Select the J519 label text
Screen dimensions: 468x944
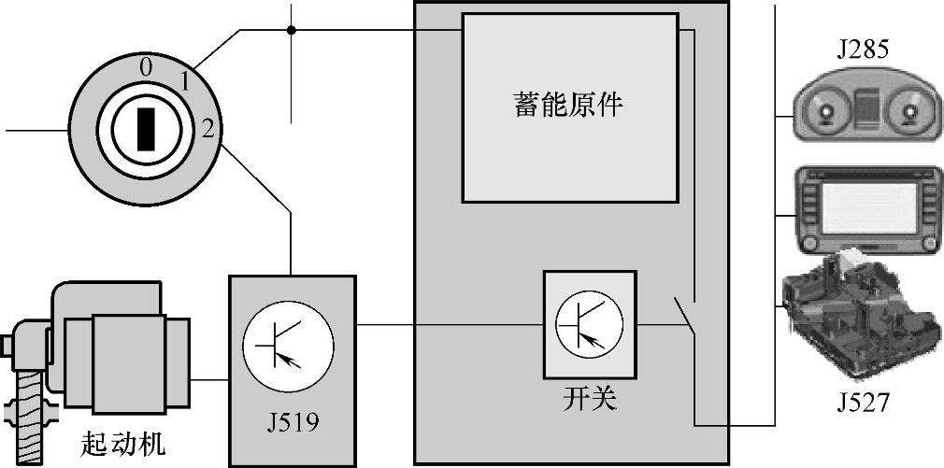[x=293, y=422]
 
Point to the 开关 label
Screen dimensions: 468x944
[x=590, y=399]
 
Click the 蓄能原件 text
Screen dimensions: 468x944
[x=569, y=104]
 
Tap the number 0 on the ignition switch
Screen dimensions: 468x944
[x=145, y=66]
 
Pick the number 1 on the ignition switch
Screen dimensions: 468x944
[x=185, y=82]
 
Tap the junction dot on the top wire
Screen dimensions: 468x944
[x=292, y=30]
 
